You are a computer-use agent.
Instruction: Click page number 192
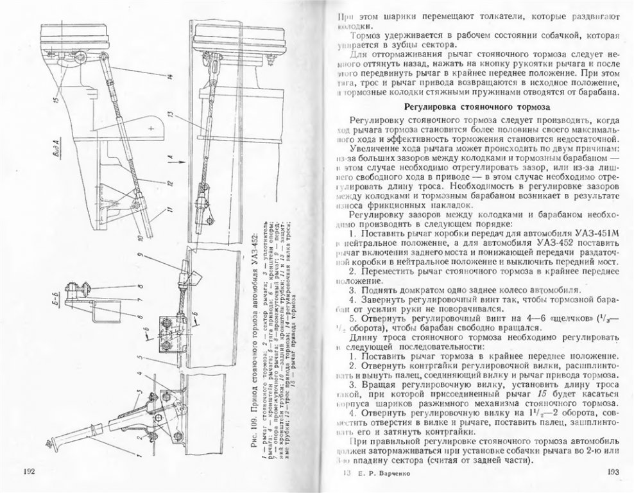(29, 472)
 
